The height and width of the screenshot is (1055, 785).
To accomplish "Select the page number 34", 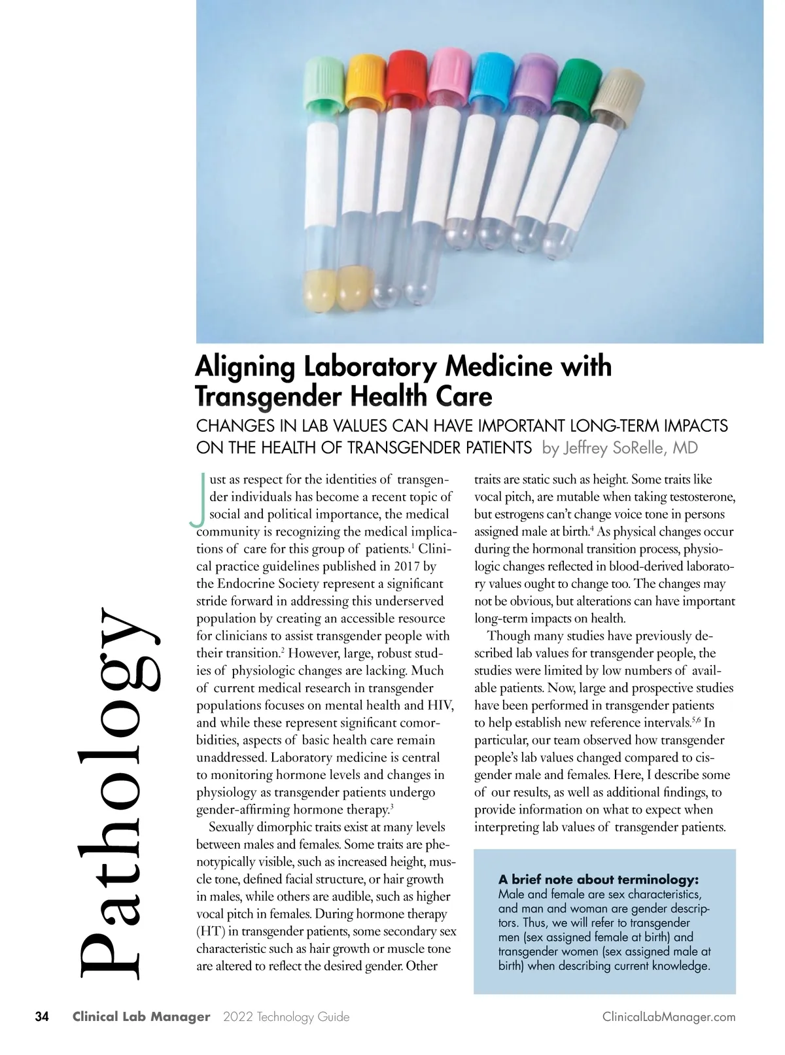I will [42, 1017].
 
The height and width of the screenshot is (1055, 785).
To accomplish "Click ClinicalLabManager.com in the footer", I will [669, 1017].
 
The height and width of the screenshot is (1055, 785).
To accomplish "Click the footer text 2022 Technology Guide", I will [286, 1017].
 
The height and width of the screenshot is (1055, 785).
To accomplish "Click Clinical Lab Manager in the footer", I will [141, 1017].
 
